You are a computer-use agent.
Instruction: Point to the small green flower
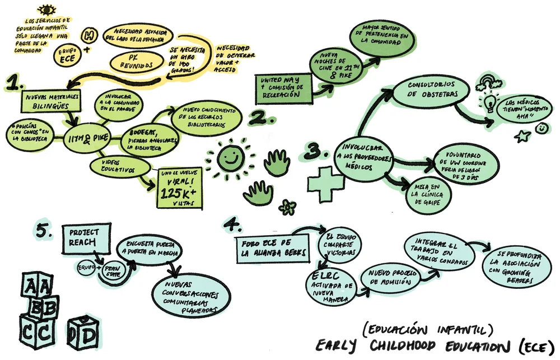pyautogui.click(x=288, y=207)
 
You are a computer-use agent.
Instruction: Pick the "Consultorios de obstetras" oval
pyautogui.click(x=427, y=92)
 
